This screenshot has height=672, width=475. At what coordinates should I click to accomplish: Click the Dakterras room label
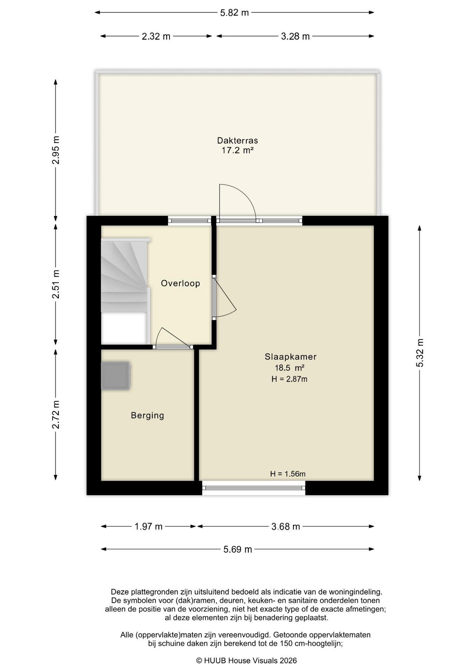237,140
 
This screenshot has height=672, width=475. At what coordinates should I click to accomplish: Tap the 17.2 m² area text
237,150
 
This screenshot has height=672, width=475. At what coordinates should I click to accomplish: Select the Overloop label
180,283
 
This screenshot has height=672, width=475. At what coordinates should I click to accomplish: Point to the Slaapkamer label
291,357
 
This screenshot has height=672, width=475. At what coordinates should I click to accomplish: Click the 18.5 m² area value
290,368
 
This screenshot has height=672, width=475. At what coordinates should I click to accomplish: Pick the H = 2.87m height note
290,379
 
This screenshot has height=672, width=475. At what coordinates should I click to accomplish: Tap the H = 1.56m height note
288,474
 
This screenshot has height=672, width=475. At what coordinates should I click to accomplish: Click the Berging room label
147,415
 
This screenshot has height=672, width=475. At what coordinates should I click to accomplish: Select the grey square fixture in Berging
116,376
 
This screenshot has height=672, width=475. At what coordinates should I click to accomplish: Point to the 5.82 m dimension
234,13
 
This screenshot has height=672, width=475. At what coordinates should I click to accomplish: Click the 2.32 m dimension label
156,36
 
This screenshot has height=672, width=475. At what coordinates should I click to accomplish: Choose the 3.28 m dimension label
296,36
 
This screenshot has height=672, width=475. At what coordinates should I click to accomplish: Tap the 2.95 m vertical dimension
56,150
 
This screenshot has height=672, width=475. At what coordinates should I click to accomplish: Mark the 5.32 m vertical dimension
420,353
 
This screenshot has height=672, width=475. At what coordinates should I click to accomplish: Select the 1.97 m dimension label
149,526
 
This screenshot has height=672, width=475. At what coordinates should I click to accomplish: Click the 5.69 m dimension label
238,549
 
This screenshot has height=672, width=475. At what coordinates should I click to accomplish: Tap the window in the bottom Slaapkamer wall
254,488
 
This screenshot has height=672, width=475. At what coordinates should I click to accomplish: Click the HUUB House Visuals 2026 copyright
246,660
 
